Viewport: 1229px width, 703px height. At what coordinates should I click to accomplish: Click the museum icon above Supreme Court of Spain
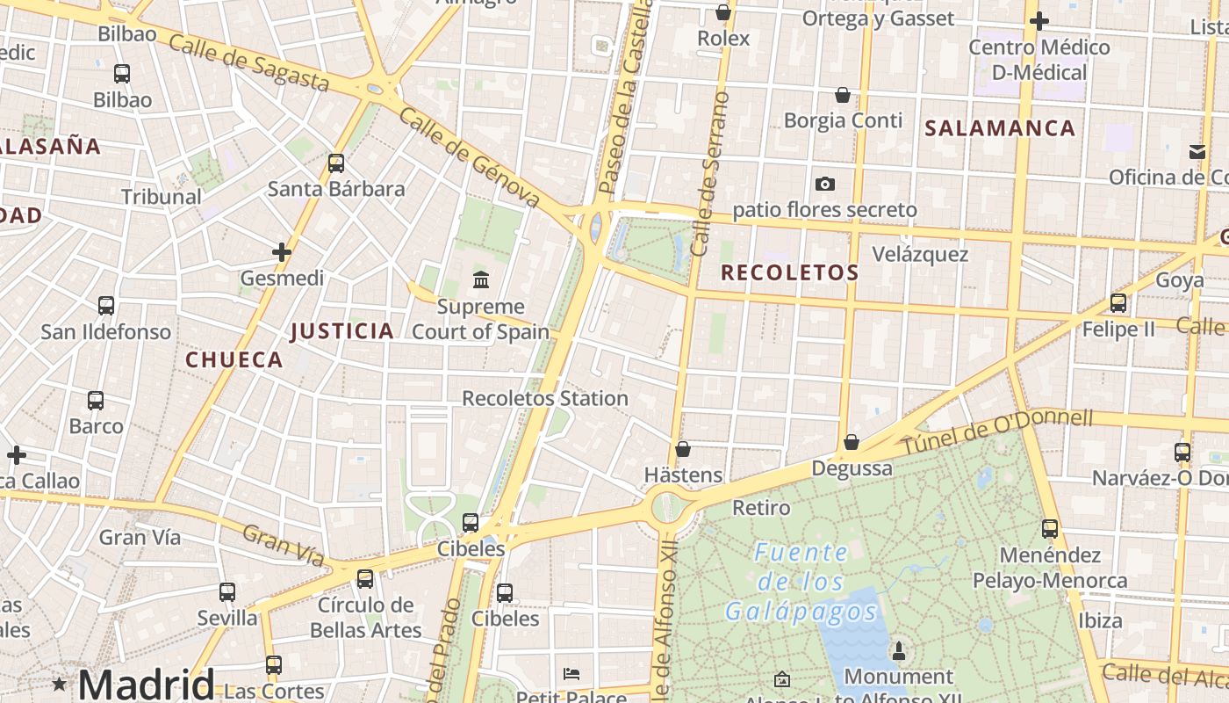point(481,280)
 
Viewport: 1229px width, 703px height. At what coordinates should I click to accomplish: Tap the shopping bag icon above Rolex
point(723,12)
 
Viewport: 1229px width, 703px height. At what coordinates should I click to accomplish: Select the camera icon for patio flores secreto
point(824,184)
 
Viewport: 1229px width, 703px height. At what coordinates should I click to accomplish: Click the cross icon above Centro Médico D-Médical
point(1039,21)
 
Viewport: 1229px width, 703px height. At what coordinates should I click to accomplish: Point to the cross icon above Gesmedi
point(282,253)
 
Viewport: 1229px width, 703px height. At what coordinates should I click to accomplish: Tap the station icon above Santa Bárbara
point(336,163)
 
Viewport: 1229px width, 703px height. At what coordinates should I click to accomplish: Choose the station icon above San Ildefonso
point(106,306)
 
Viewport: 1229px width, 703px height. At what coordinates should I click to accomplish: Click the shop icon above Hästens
point(683,449)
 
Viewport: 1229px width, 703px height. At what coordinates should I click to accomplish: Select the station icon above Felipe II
point(1118,303)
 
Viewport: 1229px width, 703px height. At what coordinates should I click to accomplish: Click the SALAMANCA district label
point(1000,128)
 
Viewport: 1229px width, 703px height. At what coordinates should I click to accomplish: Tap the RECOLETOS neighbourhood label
point(789,273)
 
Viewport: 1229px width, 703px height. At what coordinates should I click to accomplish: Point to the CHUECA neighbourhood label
point(234,359)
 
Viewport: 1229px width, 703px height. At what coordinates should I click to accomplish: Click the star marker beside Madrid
point(60,684)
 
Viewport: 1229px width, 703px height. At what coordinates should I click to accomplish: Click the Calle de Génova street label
point(469,158)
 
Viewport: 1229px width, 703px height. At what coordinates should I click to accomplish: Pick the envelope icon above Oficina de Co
point(1197,152)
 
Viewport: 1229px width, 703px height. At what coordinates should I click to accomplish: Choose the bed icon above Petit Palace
point(571,674)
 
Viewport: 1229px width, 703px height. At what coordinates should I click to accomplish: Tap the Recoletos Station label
point(545,398)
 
